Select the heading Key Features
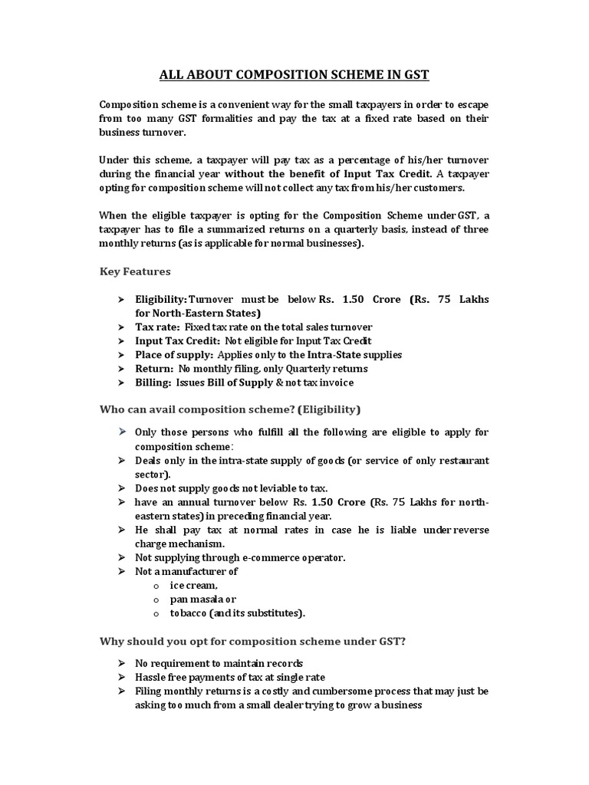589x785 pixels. [136, 271]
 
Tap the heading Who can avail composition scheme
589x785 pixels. [230, 409]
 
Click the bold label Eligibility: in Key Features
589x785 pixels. [161, 298]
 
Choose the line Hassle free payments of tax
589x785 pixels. [229, 677]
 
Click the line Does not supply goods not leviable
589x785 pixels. [221, 488]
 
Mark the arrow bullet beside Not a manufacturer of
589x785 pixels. [121, 571]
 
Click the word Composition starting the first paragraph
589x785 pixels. [127, 105]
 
